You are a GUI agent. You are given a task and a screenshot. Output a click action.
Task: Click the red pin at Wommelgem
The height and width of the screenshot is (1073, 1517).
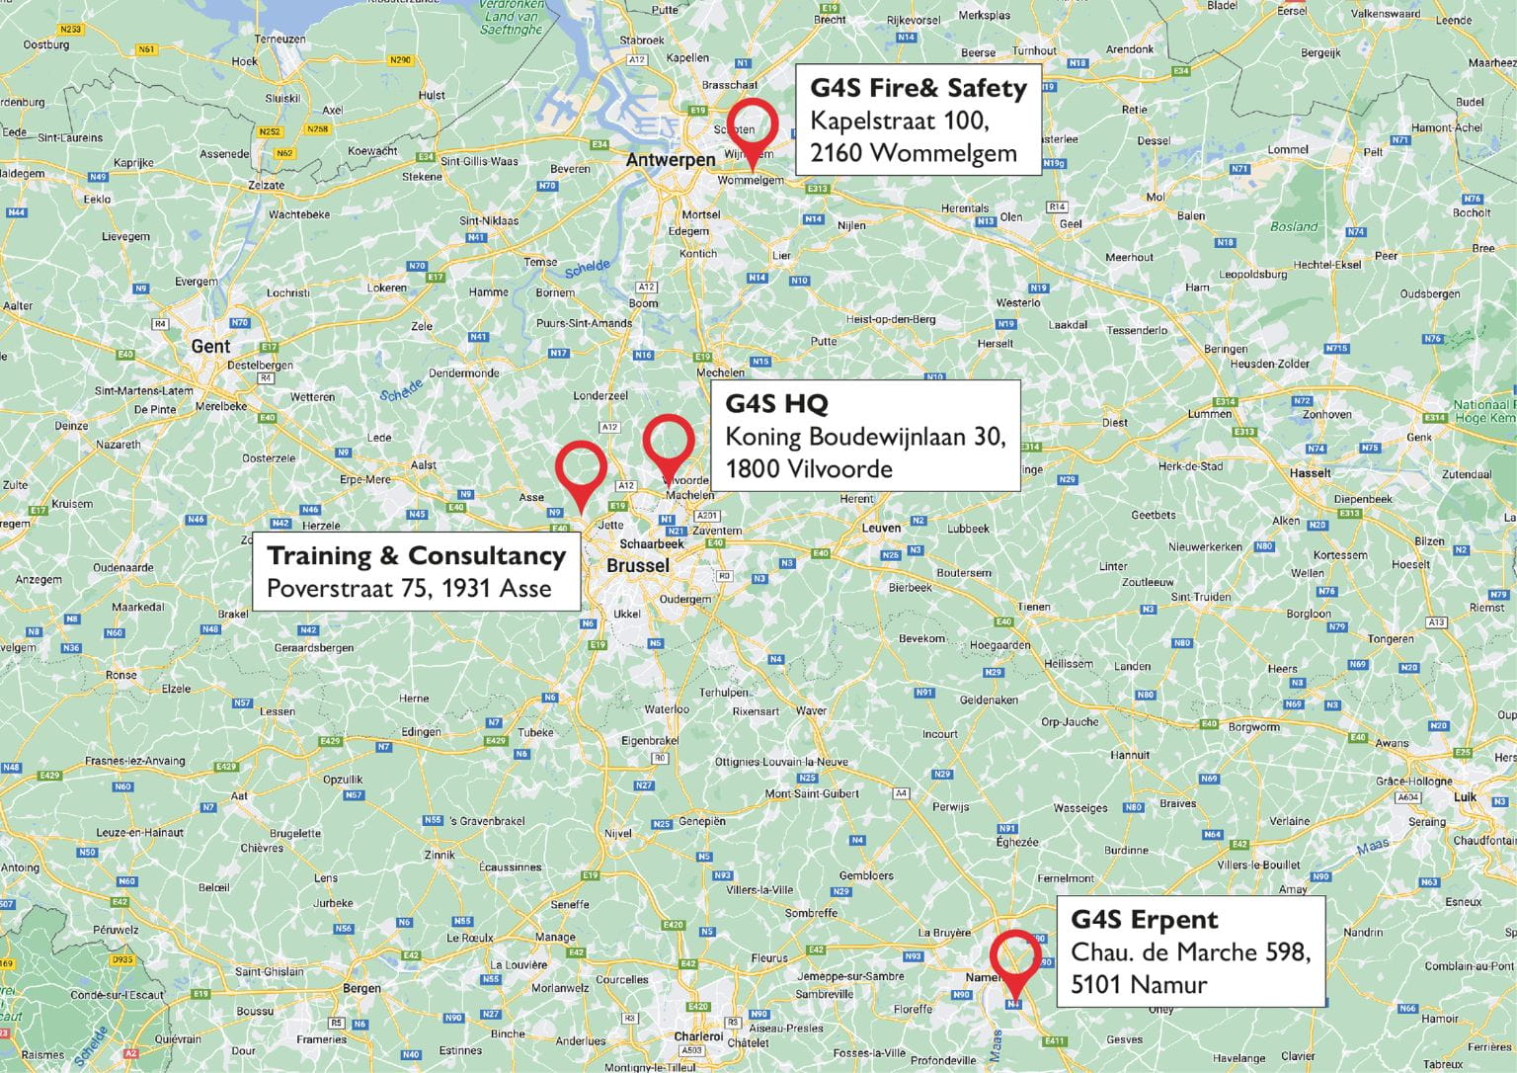[753, 128]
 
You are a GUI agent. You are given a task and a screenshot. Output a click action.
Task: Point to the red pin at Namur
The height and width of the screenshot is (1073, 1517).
[1016, 958]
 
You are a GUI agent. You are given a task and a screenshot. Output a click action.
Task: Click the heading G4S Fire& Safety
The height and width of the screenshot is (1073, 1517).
[918, 88]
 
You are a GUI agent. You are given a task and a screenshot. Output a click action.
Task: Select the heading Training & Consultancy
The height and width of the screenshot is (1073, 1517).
[416, 555]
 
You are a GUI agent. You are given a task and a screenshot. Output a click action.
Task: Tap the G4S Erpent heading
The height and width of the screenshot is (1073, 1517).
[1144, 920]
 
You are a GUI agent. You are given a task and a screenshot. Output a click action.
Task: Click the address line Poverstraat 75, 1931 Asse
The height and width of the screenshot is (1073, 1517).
[409, 590]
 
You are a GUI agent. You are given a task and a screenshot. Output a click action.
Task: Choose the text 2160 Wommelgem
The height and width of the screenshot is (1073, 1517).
[914, 153]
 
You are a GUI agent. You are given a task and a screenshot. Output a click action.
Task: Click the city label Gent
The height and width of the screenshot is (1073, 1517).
[210, 346]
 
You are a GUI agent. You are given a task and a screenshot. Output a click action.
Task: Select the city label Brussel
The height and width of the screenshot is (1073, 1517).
[637, 566]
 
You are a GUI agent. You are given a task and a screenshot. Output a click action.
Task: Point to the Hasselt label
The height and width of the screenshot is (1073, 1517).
[1310, 473]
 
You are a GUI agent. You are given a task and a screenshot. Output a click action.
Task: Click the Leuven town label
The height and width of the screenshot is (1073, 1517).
[881, 528]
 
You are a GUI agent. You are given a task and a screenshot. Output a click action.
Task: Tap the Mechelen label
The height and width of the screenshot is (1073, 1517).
[720, 372]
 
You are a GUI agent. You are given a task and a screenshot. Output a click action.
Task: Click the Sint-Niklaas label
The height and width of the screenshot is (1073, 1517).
[489, 220]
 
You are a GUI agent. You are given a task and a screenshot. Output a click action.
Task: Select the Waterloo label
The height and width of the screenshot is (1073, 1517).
[667, 709]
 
